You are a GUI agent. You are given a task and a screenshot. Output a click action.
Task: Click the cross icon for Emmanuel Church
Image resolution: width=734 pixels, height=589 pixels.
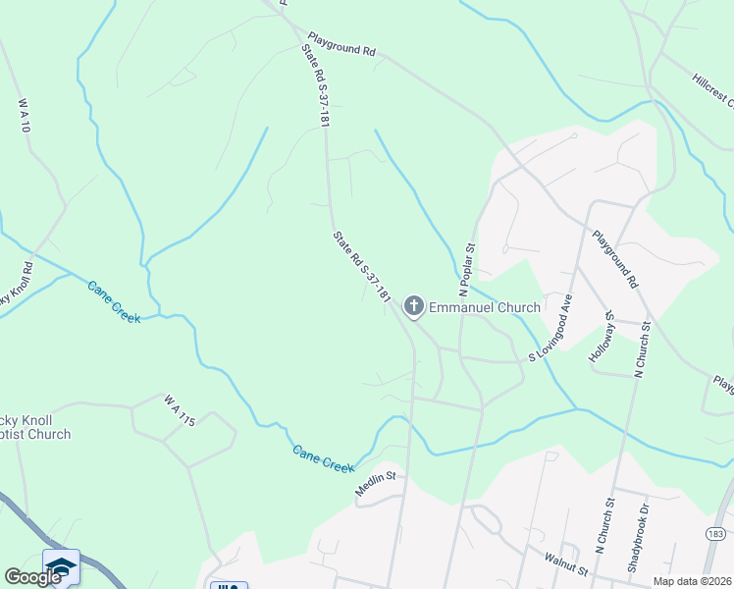point(413,307)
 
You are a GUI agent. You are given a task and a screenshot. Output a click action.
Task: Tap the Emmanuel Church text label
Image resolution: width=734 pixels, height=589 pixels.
point(485,307)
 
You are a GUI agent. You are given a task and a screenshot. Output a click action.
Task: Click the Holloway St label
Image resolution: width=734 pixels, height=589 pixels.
point(601,340)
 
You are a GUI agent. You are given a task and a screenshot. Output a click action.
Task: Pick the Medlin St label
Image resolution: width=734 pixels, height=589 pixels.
point(374,484)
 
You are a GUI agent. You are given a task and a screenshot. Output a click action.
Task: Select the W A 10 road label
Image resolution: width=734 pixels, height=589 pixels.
point(25,115)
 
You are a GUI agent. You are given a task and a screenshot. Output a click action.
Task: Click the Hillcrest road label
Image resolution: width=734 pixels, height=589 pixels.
point(711,87)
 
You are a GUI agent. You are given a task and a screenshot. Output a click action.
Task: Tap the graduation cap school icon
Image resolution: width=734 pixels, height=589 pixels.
point(61,566)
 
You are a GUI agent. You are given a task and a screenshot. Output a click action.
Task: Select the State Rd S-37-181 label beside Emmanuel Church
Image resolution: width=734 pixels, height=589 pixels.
point(362,266)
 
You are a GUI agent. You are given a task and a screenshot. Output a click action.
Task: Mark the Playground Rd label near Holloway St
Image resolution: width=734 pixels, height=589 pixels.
point(615,259)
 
